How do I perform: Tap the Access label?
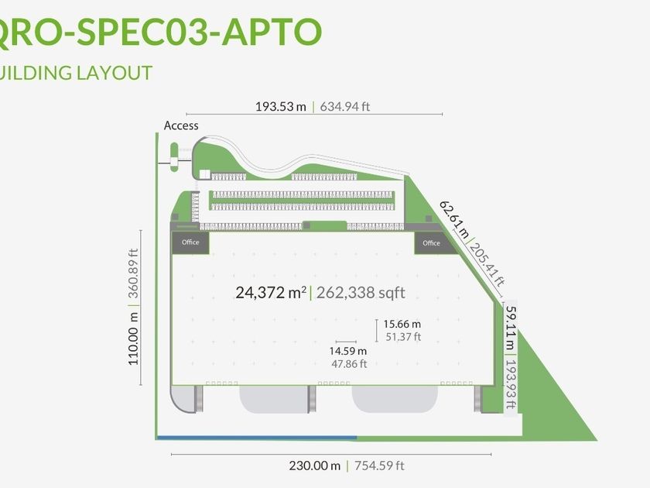pyautogui.click(x=181, y=125)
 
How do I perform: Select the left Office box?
pyautogui.click(x=190, y=242)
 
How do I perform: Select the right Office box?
pyautogui.click(x=431, y=242)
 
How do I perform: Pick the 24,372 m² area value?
pyautogui.click(x=270, y=293)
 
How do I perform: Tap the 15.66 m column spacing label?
pyautogui.click(x=402, y=324)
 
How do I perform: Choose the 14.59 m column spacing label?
pyautogui.click(x=348, y=351)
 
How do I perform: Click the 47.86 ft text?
pyautogui.click(x=348, y=363)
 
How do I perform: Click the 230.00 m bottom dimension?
pyautogui.click(x=313, y=466)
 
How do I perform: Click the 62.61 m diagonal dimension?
pyautogui.click(x=455, y=219)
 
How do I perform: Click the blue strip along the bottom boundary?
pyautogui.click(x=256, y=438)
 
